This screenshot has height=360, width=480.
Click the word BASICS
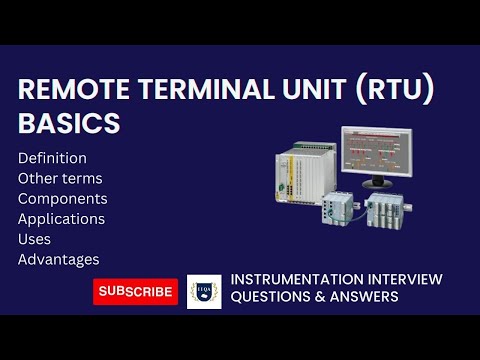(69, 124)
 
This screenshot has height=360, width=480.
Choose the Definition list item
(52, 158)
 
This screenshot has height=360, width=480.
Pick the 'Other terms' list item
(60, 178)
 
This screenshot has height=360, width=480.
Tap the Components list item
(62, 198)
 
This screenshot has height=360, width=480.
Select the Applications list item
(61, 218)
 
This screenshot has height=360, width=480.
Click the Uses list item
(36, 239)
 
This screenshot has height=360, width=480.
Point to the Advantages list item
(58, 259)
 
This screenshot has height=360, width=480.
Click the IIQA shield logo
(204, 291)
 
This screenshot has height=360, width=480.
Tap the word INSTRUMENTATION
(292, 279)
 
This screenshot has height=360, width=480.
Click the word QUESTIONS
(270, 297)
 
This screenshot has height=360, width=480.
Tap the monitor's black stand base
(376, 186)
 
